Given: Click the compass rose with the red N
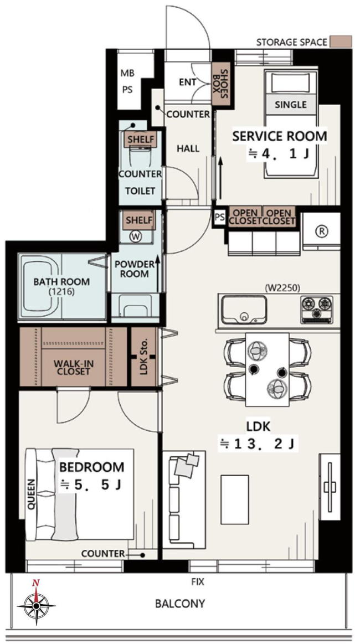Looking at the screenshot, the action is coord(36,605).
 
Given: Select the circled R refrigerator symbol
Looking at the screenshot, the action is coord(322,231).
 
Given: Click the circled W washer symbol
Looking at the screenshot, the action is coord(135,236).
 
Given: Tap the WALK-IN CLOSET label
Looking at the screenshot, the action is coord(71,367).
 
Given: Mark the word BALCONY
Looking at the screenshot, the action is coord(179,604).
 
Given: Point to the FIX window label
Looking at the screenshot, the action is coord(198,581).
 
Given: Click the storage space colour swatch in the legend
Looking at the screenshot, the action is coord(341,42).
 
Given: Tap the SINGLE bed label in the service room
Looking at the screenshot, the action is coord(291,105).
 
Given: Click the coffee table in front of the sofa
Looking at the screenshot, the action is coord(235,499).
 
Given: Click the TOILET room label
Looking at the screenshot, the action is coord(141,191).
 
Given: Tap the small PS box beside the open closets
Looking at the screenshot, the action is coord(220,217).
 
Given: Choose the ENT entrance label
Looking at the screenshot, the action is coord(188,82).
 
